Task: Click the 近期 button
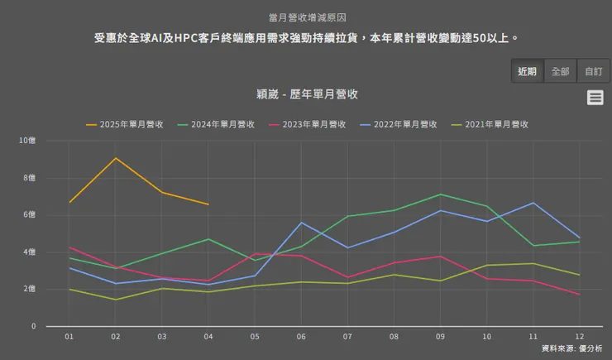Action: click(527, 71)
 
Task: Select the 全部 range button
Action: click(560, 71)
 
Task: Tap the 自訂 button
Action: click(593, 71)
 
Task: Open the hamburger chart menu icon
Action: click(595, 98)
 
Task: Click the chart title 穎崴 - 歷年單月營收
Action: click(306, 94)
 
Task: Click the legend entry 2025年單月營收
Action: click(124, 125)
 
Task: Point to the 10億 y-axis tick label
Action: click(27, 141)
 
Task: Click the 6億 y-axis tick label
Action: click(30, 215)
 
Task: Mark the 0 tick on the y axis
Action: click(33, 326)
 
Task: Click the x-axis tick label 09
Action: click(440, 337)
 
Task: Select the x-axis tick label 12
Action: click(579, 337)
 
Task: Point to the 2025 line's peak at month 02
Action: click(116, 158)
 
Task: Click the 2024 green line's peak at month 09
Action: click(440, 194)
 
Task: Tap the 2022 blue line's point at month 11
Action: click(533, 203)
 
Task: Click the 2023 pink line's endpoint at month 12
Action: click(579, 295)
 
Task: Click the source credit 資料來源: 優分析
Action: click(571, 348)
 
